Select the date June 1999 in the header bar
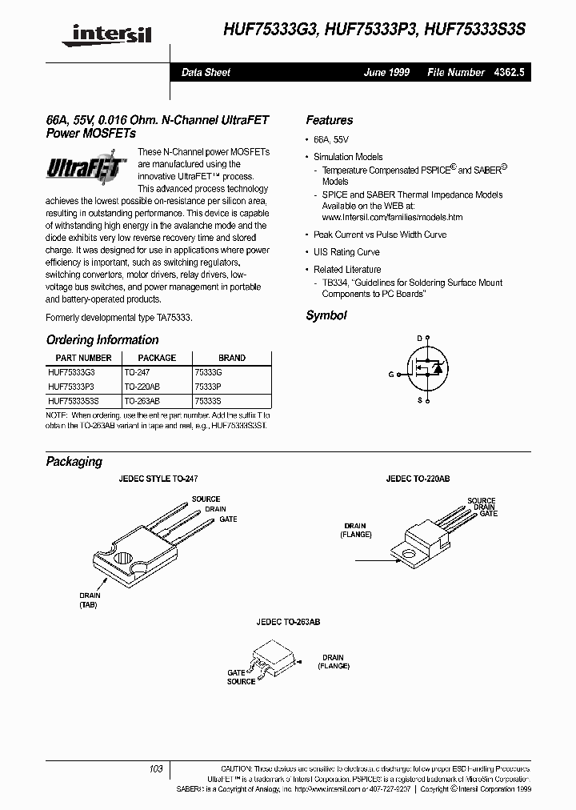[x=386, y=72]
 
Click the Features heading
[x=329, y=120]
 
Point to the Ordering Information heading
[x=102, y=340]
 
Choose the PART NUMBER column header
[x=83, y=358]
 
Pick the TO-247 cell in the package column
[x=137, y=372]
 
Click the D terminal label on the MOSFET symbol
[x=418, y=338]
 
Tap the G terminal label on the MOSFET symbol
[x=391, y=374]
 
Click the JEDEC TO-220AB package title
[x=418, y=478]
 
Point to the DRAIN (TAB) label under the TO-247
[x=90, y=601]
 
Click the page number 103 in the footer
[x=156, y=768]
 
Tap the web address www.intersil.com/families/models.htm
[x=392, y=217]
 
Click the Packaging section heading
[x=74, y=462]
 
